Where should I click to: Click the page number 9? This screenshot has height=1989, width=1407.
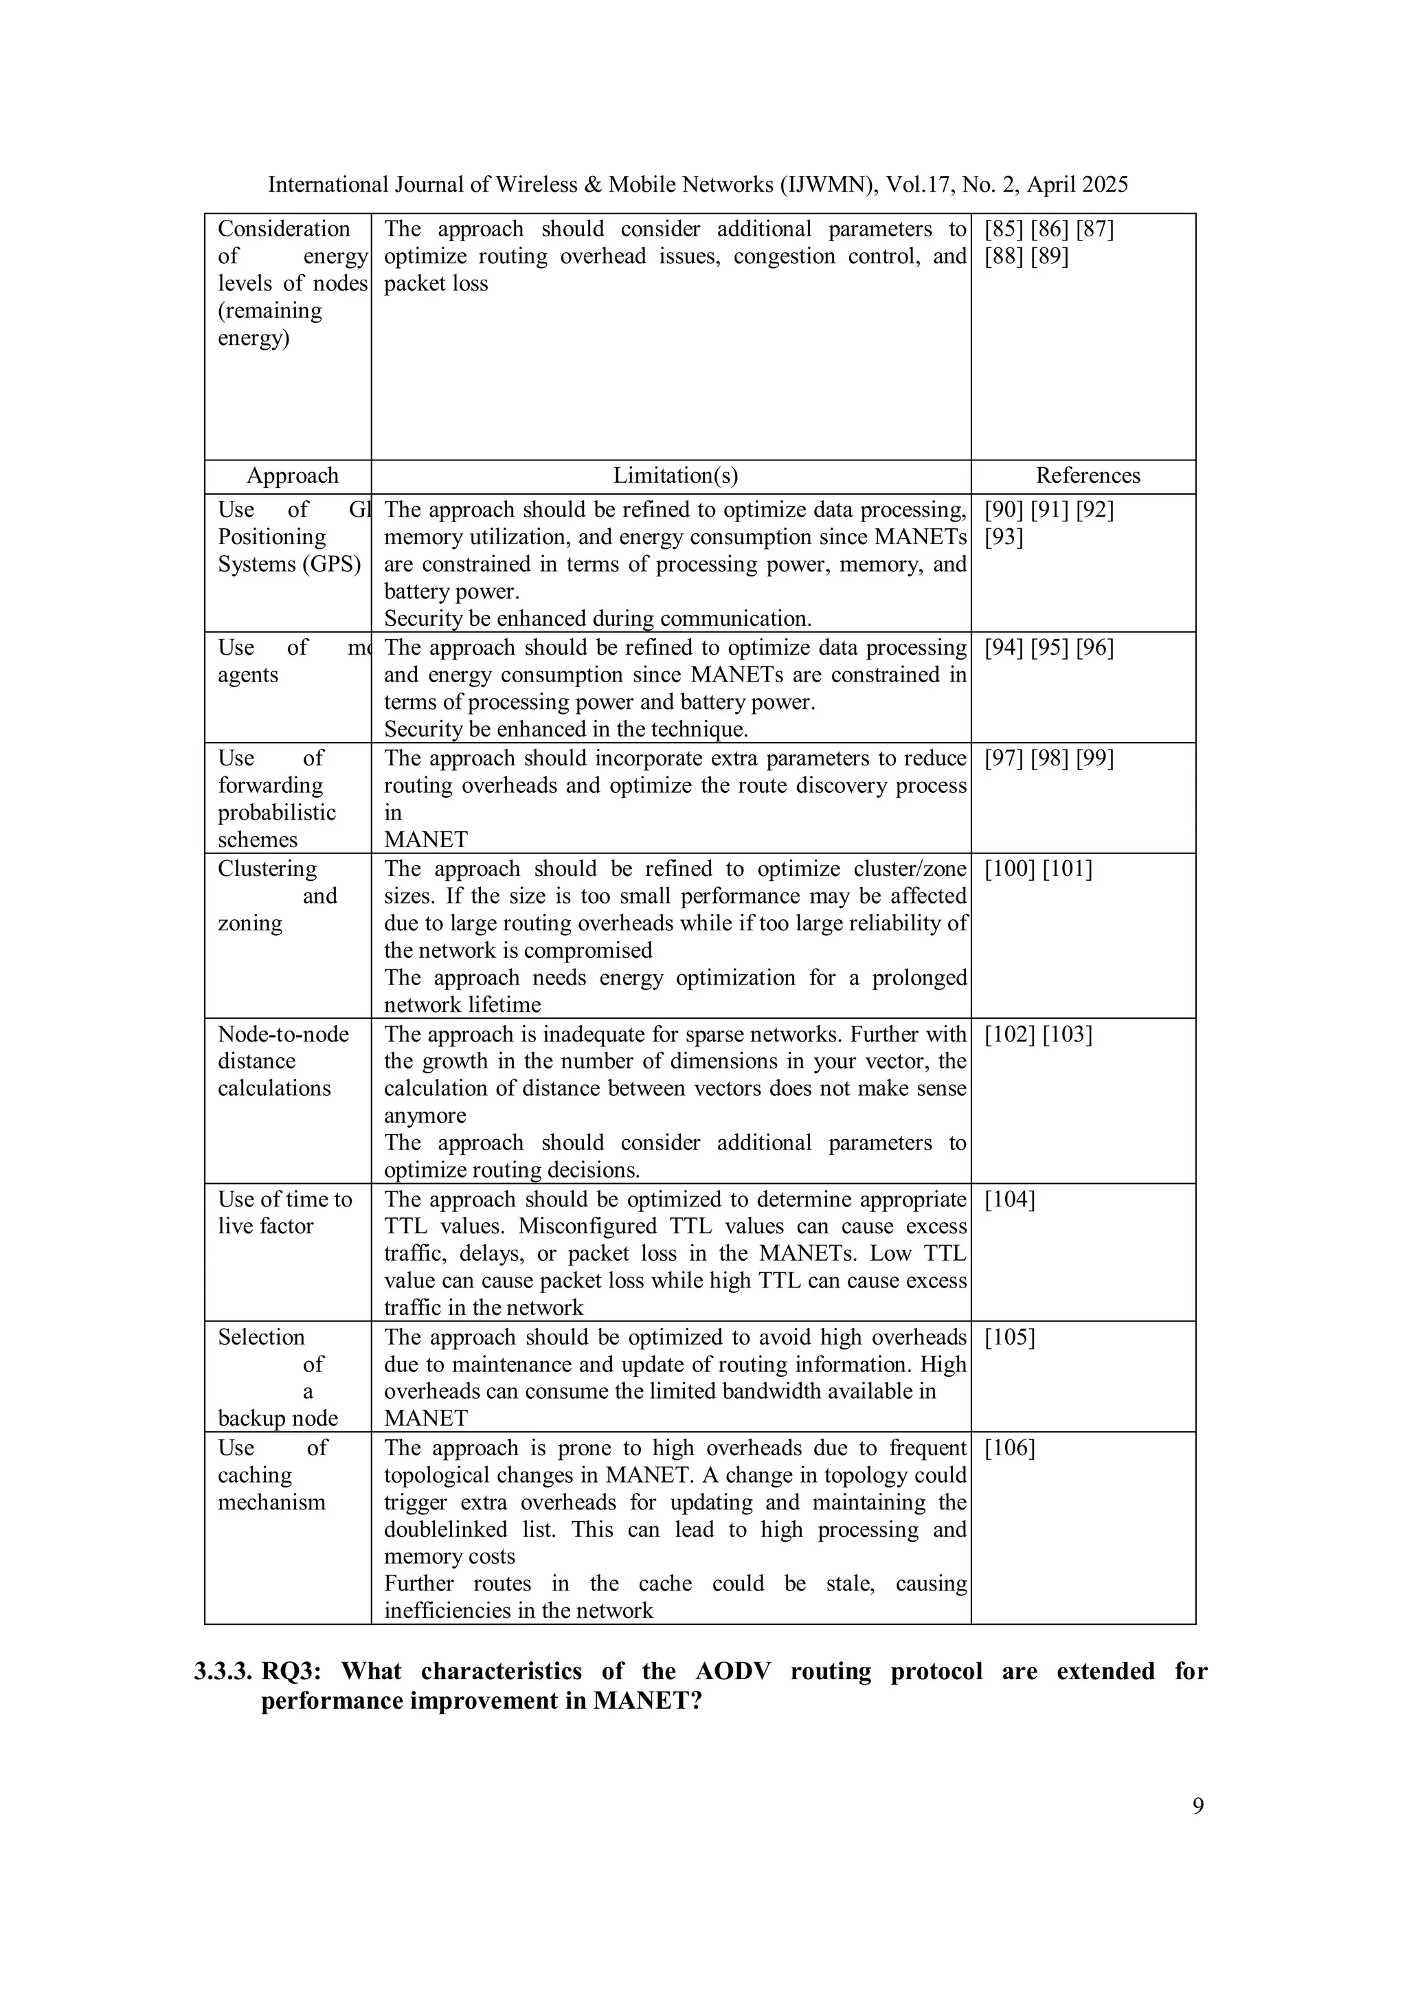point(1197,1806)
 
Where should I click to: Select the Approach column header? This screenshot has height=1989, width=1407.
point(292,475)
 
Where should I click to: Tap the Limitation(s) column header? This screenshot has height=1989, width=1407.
point(675,475)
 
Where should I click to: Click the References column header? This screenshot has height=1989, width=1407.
point(1088,475)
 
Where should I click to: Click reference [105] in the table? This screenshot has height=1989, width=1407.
point(1009,1338)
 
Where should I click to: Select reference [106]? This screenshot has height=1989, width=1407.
point(1009,1448)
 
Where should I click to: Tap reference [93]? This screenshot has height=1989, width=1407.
point(1003,538)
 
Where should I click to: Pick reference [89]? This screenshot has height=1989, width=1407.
point(1049,256)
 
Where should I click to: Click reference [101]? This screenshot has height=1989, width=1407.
point(1068,869)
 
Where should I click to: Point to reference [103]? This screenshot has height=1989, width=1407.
point(1068,1035)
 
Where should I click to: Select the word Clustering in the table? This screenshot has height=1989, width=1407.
point(267,869)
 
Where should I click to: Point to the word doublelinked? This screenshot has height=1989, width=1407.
point(445,1530)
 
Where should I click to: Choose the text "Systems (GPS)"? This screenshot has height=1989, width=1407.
point(289,565)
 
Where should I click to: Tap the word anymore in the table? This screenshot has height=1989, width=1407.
point(425,1116)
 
